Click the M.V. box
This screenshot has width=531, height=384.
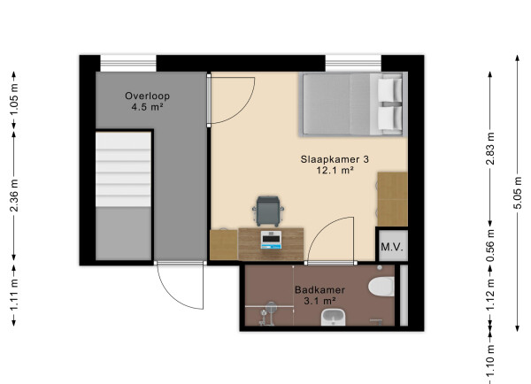(x=391, y=248)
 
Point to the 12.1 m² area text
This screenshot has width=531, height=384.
(x=335, y=172)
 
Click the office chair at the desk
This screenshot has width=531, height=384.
(x=268, y=210)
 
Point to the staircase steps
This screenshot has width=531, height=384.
(x=124, y=177)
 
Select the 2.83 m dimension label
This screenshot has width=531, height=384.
(x=490, y=145)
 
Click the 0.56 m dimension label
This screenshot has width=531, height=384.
(x=490, y=250)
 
